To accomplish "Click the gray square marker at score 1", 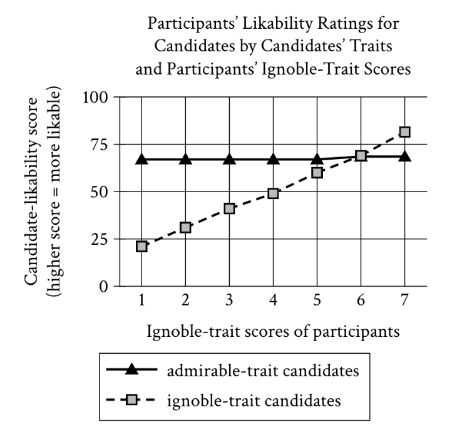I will tap(141, 247).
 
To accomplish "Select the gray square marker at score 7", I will tap(404, 132).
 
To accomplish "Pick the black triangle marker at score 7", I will tap(404, 156).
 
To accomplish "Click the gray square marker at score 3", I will tap(229, 208).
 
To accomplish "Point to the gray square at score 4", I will tap(273, 193).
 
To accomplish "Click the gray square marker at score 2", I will tap(185, 227).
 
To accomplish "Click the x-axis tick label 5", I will tap(317, 299).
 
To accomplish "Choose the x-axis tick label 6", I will tap(361, 299).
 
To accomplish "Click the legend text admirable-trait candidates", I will tap(263, 370).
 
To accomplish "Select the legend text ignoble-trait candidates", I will tap(255, 400).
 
